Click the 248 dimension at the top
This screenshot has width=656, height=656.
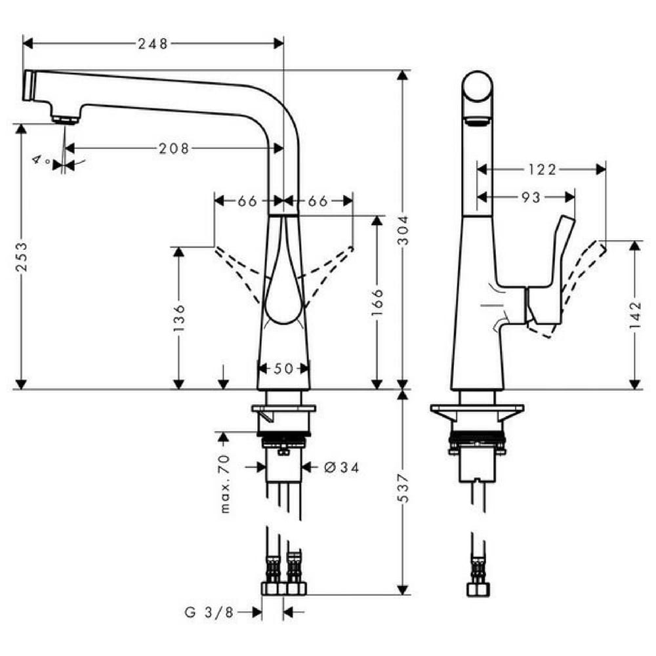point(153,43)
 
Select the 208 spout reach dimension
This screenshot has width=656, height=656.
point(174,148)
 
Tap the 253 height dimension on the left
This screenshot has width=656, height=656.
point(22,256)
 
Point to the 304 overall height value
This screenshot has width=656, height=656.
point(403,230)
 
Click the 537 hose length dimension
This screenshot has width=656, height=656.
point(403,488)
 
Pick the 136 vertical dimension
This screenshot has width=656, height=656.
point(178,318)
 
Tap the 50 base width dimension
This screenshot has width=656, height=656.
point(283,369)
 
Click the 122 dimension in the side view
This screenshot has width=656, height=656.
point(542,169)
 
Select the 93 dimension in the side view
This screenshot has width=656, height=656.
point(531,197)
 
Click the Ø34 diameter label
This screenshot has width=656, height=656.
point(342,467)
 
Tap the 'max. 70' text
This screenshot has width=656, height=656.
point(224,483)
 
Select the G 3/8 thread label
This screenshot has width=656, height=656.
point(209,613)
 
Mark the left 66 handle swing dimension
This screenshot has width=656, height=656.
point(247,201)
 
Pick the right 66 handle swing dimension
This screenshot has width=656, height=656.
point(318,201)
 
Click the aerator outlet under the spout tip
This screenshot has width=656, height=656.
point(66,119)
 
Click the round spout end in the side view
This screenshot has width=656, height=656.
point(478,86)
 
